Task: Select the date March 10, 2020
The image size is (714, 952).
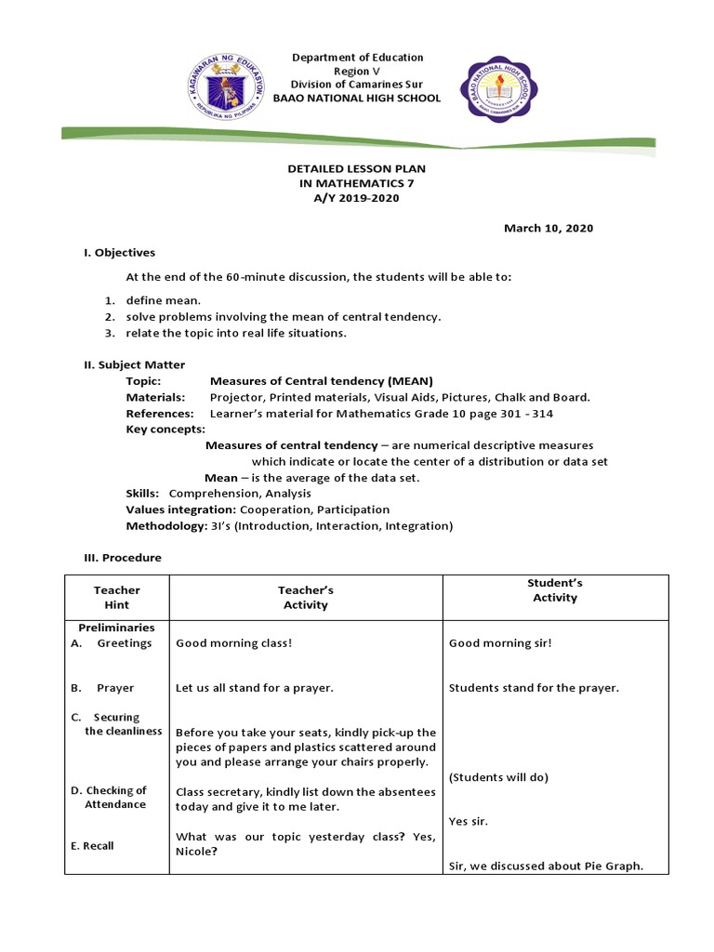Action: (x=549, y=228)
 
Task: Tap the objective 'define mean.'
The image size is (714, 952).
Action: (x=164, y=300)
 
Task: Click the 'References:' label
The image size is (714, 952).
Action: (x=160, y=413)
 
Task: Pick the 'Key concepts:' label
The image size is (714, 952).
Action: (x=165, y=430)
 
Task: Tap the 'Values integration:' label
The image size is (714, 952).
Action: (x=181, y=509)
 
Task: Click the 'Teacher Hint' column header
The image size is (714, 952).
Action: (x=117, y=597)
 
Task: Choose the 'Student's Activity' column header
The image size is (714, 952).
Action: (x=555, y=590)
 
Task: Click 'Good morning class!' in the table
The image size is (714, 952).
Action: (x=233, y=643)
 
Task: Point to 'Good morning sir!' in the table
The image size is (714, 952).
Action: (x=500, y=643)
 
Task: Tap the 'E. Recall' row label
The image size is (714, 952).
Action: (x=92, y=846)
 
